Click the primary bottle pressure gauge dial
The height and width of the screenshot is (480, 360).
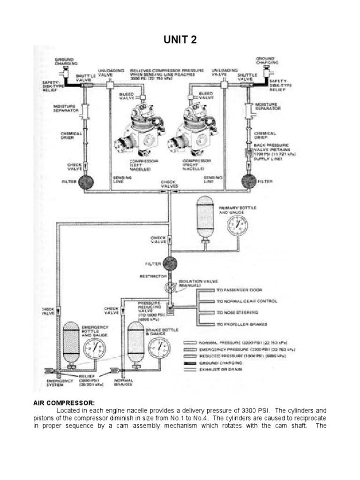click(237, 225)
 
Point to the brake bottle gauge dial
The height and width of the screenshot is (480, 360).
click(158, 347)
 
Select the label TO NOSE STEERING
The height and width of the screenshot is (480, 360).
click(237, 312)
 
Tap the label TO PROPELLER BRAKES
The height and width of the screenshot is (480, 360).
click(240, 324)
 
